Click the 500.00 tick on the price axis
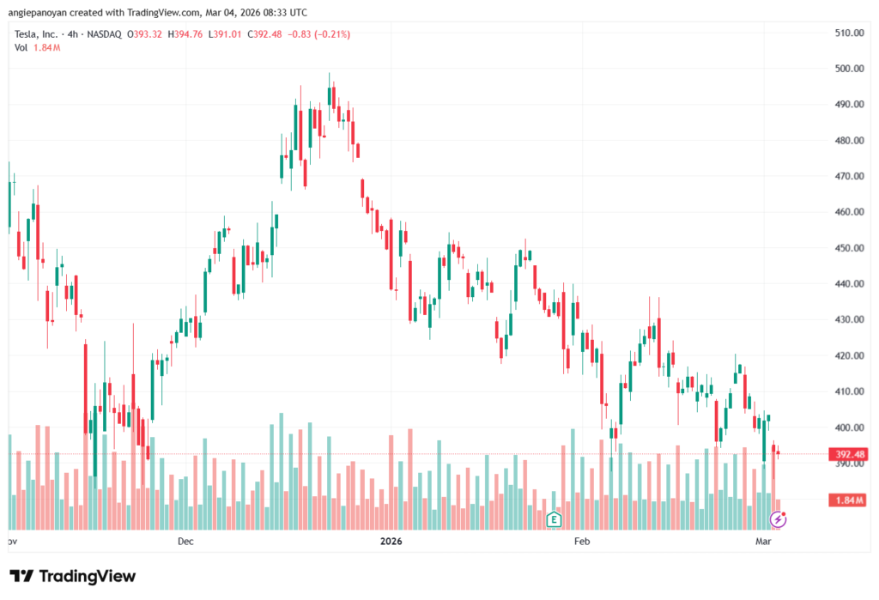(x=848, y=69)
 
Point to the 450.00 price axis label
(x=848, y=248)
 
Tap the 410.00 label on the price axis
(x=848, y=391)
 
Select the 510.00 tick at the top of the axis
(x=848, y=33)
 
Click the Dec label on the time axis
(x=185, y=542)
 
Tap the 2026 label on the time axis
(x=391, y=542)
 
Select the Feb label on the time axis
(x=581, y=542)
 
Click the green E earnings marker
(x=554, y=519)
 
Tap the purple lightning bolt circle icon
(x=778, y=519)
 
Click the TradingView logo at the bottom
(x=73, y=576)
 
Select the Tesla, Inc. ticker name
(x=37, y=34)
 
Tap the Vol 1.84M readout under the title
(x=36, y=47)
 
